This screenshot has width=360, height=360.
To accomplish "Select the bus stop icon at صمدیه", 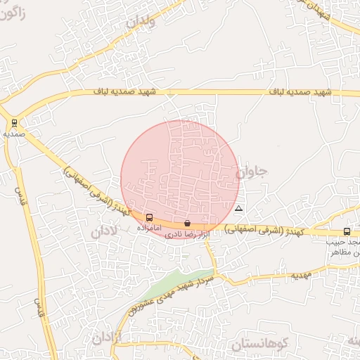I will point(14,122).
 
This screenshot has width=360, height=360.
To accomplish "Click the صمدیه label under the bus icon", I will point(14,132).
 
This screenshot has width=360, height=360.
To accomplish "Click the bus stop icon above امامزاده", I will point(149,218).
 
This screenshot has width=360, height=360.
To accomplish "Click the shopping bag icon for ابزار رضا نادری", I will point(186,223).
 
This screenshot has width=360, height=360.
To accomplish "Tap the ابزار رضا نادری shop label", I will point(187,233).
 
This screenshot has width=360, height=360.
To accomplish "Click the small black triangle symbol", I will point(239,209).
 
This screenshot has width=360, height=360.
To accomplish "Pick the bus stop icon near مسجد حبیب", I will point(347,231).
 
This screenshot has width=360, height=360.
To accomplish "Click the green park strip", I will point(179,281).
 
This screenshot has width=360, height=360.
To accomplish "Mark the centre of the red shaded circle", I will point(180,179).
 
